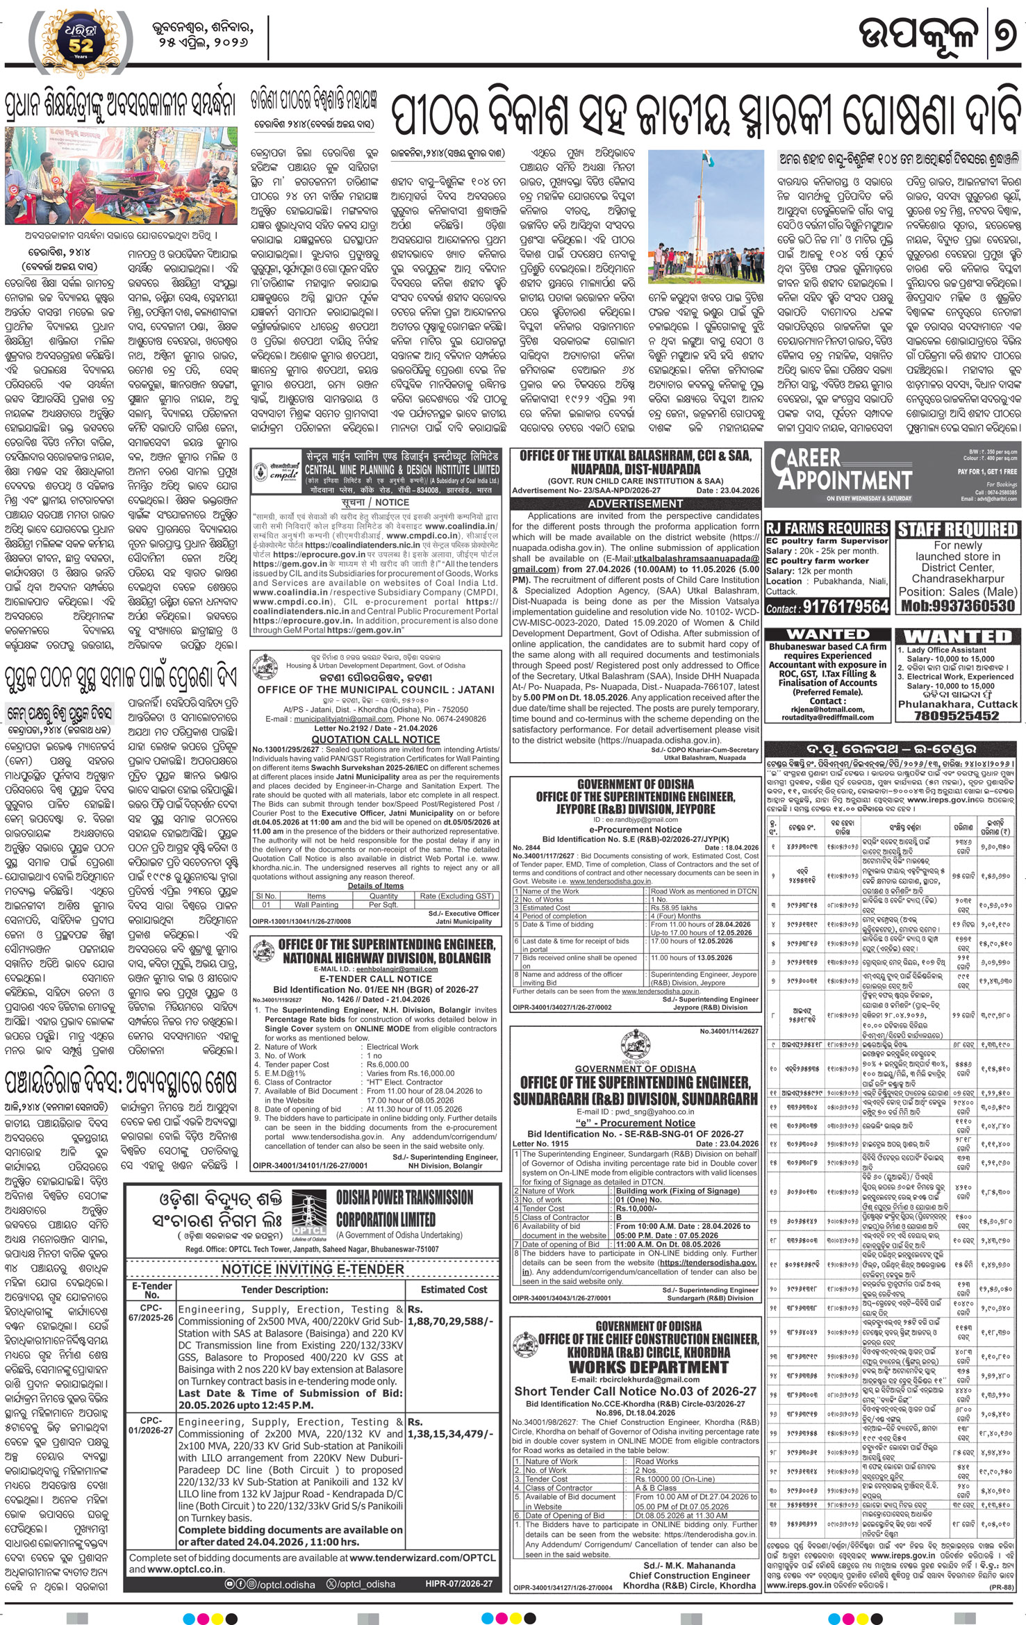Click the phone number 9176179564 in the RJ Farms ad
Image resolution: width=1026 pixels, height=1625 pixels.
pyautogui.click(x=845, y=607)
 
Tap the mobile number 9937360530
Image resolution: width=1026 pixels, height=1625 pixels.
pyautogui.click(x=958, y=605)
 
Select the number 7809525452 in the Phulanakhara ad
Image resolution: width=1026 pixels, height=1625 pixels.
pyautogui.click(x=957, y=715)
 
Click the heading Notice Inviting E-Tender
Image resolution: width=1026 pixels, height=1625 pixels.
pyautogui.click(x=313, y=1269)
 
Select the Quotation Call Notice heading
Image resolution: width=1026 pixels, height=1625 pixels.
pyautogui.click(x=375, y=739)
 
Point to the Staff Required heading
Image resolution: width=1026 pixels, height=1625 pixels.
pyautogui.click(x=957, y=529)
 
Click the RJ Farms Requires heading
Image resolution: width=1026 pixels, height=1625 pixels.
pyautogui.click(x=827, y=528)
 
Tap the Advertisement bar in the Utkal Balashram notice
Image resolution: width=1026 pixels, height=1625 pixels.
pyautogui.click(x=635, y=503)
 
